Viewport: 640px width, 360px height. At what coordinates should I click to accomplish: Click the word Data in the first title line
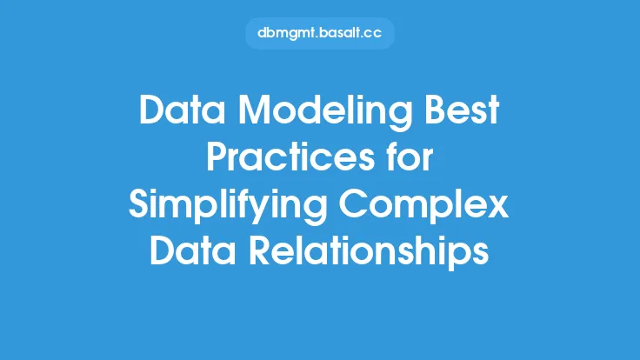[182, 110]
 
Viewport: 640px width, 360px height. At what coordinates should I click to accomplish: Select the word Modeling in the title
[325, 113]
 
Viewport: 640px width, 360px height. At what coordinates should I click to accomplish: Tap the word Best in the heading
[463, 110]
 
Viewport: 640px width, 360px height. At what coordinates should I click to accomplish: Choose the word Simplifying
[228, 207]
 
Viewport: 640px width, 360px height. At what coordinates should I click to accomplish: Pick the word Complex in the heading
[424, 207]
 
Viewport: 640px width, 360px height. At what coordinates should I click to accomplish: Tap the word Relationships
[369, 253]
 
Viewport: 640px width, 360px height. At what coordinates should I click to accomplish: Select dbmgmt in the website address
[287, 33]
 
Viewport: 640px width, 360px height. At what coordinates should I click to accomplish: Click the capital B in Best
[436, 110]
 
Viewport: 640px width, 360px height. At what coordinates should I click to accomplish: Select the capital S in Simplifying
[139, 204]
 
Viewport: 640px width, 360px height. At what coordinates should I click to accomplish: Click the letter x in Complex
[498, 208]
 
